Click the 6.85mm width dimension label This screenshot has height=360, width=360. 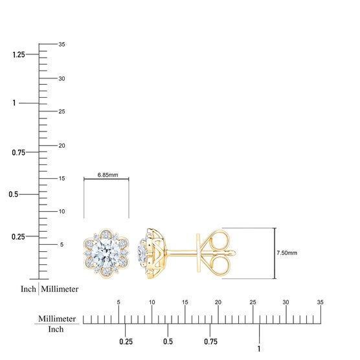tap(107, 175)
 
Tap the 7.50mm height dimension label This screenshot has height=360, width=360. tap(287, 253)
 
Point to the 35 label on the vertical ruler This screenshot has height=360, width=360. tap(62, 44)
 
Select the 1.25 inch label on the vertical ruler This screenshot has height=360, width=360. tap(19, 54)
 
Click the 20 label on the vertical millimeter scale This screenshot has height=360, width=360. tap(62, 146)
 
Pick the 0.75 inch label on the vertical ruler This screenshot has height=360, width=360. tap(18, 152)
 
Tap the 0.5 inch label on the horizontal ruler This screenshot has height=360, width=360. tap(168, 341)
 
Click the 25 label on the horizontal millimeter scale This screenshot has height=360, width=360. tap(253, 302)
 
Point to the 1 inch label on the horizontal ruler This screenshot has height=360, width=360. tap(259, 349)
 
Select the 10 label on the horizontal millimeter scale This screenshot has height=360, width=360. tap(152, 302)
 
